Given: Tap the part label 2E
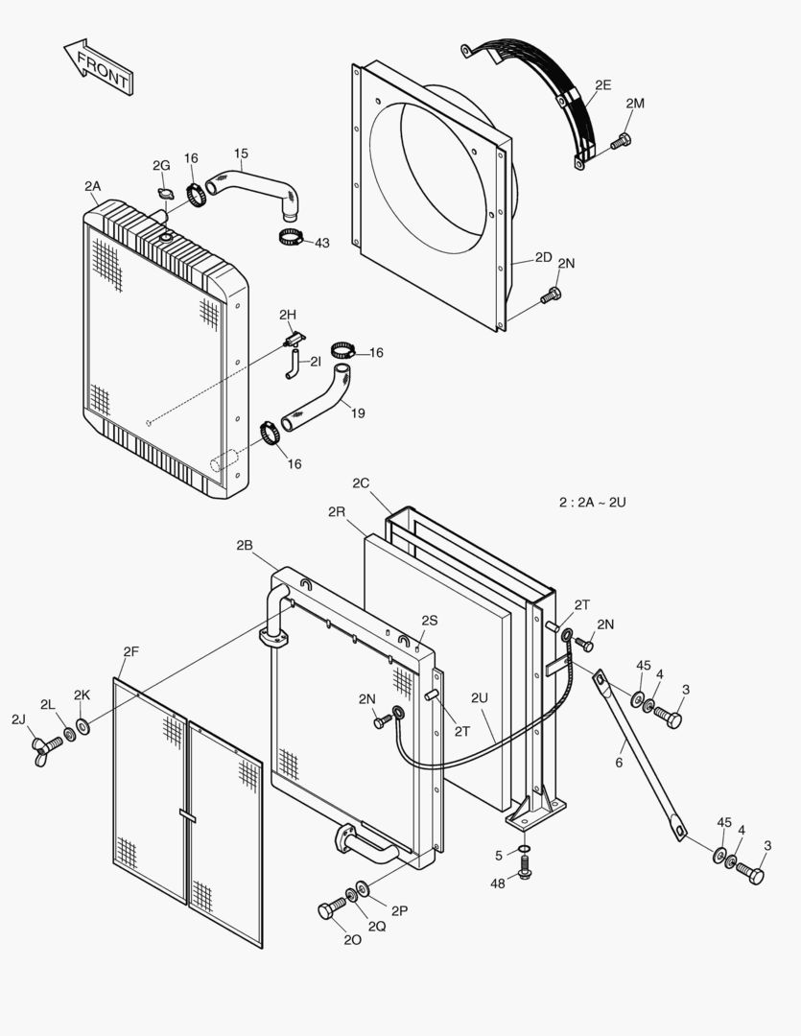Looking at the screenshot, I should point(602,84).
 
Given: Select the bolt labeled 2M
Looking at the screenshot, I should point(621,142).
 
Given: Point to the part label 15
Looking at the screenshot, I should point(241,153).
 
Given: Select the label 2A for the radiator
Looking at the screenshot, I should point(93,185).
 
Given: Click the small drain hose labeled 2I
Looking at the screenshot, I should point(291,363).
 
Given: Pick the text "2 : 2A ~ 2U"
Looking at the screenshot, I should point(593,502).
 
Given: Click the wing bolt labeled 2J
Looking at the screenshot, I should point(44,743).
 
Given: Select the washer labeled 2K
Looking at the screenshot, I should point(83,726).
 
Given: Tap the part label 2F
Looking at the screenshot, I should point(131,652).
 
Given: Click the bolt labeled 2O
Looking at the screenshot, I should point(332,909).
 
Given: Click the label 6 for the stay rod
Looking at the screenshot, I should point(620,763).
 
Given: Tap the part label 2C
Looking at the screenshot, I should point(361,483).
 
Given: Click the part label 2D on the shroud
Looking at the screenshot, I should point(544,257).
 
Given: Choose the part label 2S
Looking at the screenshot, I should point(429,621).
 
